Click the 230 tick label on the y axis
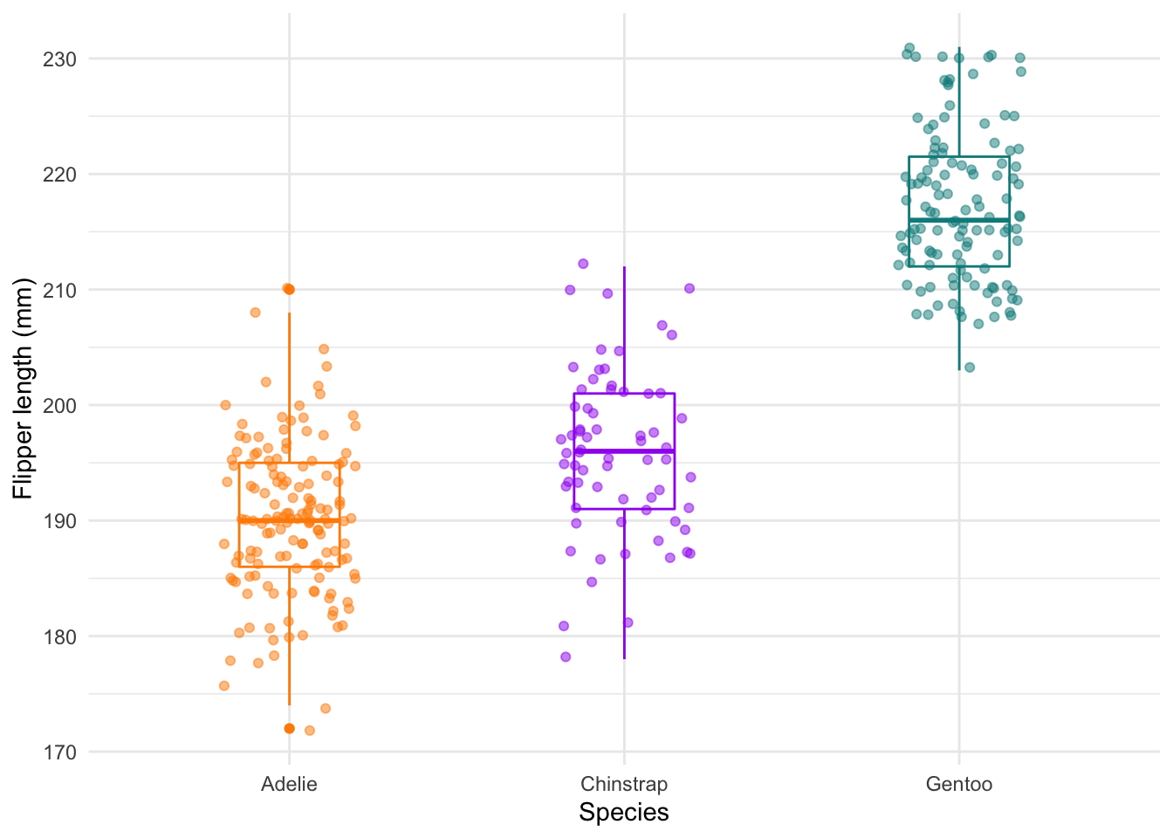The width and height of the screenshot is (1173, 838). tap(59, 59)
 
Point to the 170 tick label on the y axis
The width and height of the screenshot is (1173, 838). tap(59, 752)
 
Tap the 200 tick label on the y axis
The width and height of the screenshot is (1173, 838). tap(59, 405)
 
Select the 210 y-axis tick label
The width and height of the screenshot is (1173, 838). tap(59, 290)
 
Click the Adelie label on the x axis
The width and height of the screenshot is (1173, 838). tap(289, 784)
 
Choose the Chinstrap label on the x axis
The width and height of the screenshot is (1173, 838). tap(624, 784)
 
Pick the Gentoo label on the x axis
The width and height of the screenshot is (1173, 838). tap(959, 784)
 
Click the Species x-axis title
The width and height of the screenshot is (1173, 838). tap(624, 813)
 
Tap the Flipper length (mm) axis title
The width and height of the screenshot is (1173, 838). tap(24, 388)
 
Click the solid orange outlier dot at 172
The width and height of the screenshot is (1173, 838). tap(289, 728)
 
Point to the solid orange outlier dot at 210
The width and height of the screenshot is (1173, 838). tap(289, 289)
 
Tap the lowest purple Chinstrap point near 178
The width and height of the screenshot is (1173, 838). tap(566, 656)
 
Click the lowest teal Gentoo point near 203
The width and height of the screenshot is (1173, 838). tap(970, 367)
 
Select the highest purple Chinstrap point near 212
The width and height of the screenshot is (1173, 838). tap(583, 264)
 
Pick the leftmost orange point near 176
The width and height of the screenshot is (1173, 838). tap(224, 686)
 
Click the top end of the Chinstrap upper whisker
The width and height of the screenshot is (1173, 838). tap(624, 267)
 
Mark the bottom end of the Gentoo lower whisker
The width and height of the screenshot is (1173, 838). tap(959, 370)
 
